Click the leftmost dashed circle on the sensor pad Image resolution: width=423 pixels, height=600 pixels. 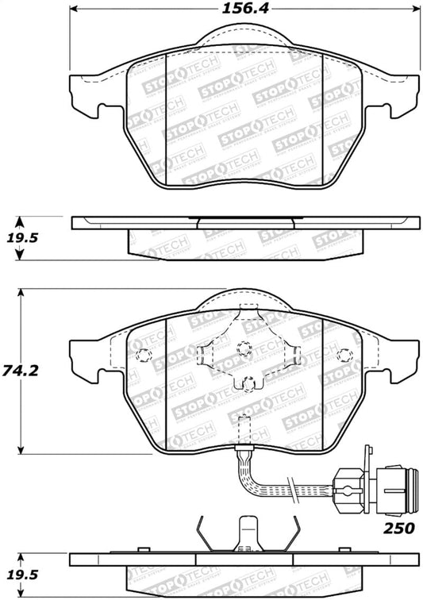coord(144,354)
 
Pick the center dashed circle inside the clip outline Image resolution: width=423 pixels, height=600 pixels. coord(244,347)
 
